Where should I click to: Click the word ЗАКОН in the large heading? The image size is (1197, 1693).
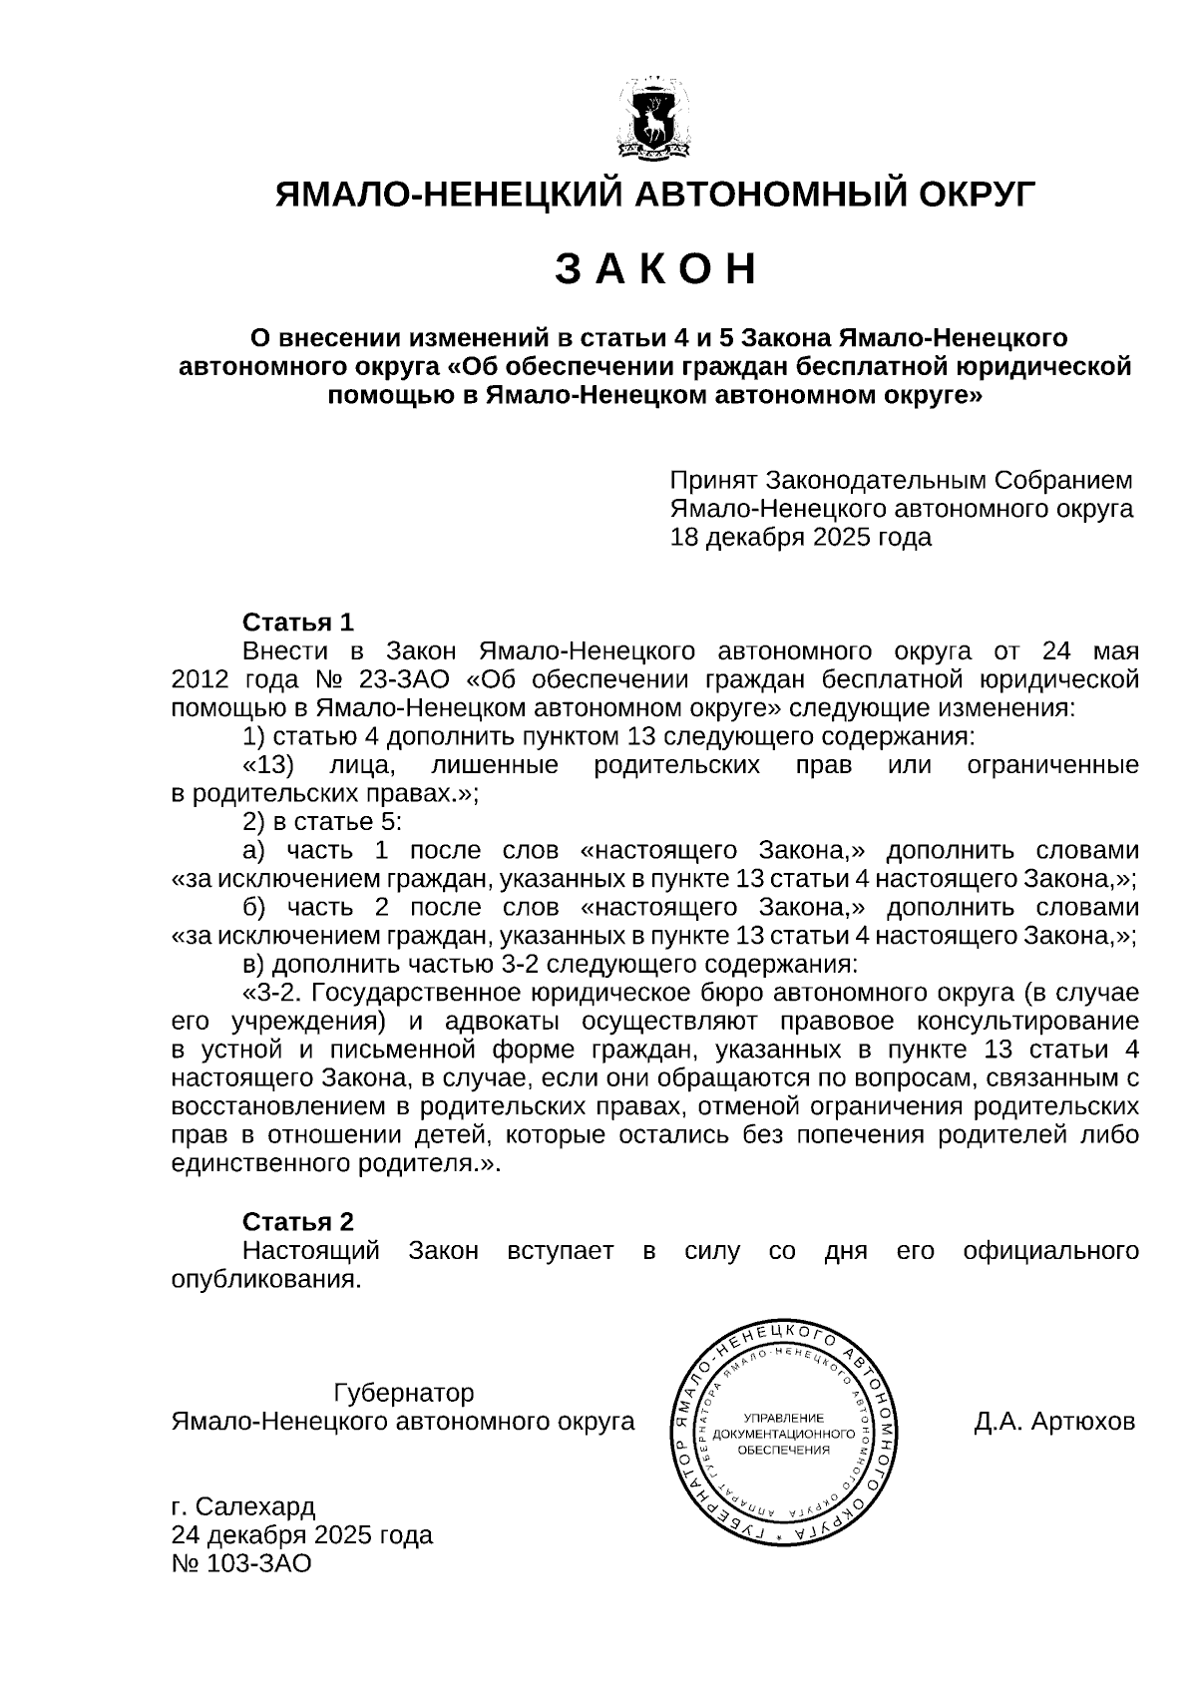655,269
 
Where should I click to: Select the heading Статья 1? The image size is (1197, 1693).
298,623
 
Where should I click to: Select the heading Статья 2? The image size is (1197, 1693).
298,1222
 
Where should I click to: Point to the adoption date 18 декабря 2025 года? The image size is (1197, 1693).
800,538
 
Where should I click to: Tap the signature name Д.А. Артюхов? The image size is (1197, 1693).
1054,1421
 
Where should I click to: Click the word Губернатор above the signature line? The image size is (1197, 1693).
403,1393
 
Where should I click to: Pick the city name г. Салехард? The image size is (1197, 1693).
243,1505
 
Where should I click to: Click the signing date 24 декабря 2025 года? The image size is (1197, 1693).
302,1534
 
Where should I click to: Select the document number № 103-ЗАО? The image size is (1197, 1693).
241,1563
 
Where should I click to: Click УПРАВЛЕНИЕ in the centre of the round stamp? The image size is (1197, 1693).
783,1418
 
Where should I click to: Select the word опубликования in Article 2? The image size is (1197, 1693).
266,1279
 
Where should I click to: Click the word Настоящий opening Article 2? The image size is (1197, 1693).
311,1251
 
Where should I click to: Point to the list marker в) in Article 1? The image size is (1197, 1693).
253,965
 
